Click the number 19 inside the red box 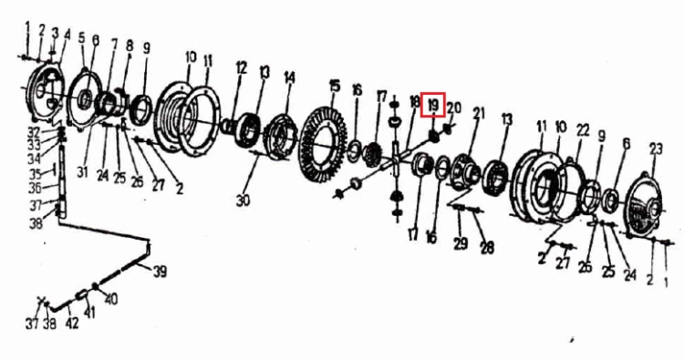(x=433, y=105)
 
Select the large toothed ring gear (x=325, y=143)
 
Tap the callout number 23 (x=656, y=149)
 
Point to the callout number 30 (x=243, y=200)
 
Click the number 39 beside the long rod (x=161, y=272)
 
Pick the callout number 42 (x=71, y=323)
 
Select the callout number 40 (x=110, y=300)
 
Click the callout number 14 (x=290, y=78)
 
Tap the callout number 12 (x=242, y=68)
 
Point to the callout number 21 (x=479, y=113)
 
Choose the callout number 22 (x=583, y=130)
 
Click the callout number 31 (x=82, y=172)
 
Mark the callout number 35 (x=35, y=174)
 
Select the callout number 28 (x=487, y=248)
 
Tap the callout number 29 (x=461, y=243)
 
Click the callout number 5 (x=81, y=38)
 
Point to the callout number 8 (x=130, y=46)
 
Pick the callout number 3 (x=55, y=33)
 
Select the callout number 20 (x=453, y=108)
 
